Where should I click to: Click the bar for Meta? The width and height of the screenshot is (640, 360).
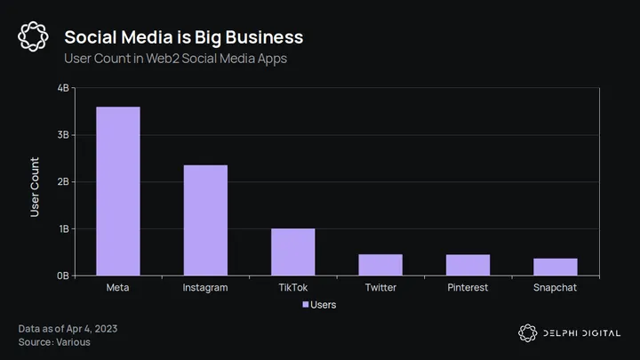[x=118, y=191]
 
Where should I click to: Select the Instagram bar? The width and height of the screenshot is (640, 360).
[x=205, y=220]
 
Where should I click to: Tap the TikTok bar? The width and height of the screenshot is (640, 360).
[x=293, y=252]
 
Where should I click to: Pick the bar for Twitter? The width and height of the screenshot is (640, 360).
[x=380, y=265]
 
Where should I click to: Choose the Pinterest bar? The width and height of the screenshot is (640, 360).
[x=468, y=265]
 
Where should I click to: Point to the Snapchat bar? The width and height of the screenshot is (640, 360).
[x=556, y=267]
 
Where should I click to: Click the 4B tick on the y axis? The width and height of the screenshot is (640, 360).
[x=63, y=88]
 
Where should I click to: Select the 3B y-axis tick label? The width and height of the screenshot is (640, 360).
[x=63, y=135]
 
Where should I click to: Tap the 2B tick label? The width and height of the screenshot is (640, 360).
[x=63, y=181]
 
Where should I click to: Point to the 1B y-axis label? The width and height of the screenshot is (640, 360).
[x=63, y=228]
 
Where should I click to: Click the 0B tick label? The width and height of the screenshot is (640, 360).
[x=63, y=276]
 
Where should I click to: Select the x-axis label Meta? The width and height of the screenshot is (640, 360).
[x=118, y=288]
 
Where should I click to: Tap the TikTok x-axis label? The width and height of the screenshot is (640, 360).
[x=293, y=288]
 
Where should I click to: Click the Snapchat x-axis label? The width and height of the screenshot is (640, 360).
[x=556, y=288]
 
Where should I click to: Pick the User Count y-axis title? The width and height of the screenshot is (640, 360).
[x=36, y=187]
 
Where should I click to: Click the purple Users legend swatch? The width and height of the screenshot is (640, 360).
[x=306, y=305]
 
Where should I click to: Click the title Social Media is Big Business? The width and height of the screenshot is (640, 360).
[x=184, y=37]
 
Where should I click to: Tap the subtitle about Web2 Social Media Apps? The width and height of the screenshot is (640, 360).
[x=175, y=59]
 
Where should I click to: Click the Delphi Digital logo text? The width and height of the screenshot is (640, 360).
[x=584, y=333]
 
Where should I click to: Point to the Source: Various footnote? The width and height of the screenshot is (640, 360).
[x=54, y=342]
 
